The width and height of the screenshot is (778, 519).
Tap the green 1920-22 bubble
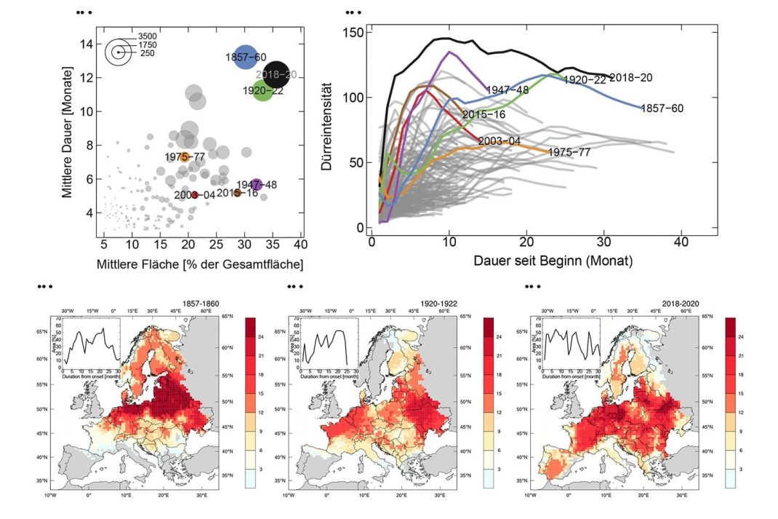pyautogui.click(x=262, y=91)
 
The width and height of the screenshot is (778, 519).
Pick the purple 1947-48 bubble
pyautogui.click(x=256, y=185)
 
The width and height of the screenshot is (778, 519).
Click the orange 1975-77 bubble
pyautogui.click(x=185, y=157)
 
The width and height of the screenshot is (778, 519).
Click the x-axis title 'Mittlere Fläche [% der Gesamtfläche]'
pyautogui.click(x=200, y=264)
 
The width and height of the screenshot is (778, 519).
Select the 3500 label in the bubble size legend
pyautogui.click(x=148, y=36)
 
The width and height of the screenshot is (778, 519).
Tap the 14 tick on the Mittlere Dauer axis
pyautogui.click(x=86, y=44)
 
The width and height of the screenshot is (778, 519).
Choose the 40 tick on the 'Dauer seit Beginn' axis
pyautogui.click(x=682, y=241)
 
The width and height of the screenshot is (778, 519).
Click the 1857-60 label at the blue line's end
pyautogui.click(x=662, y=108)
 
